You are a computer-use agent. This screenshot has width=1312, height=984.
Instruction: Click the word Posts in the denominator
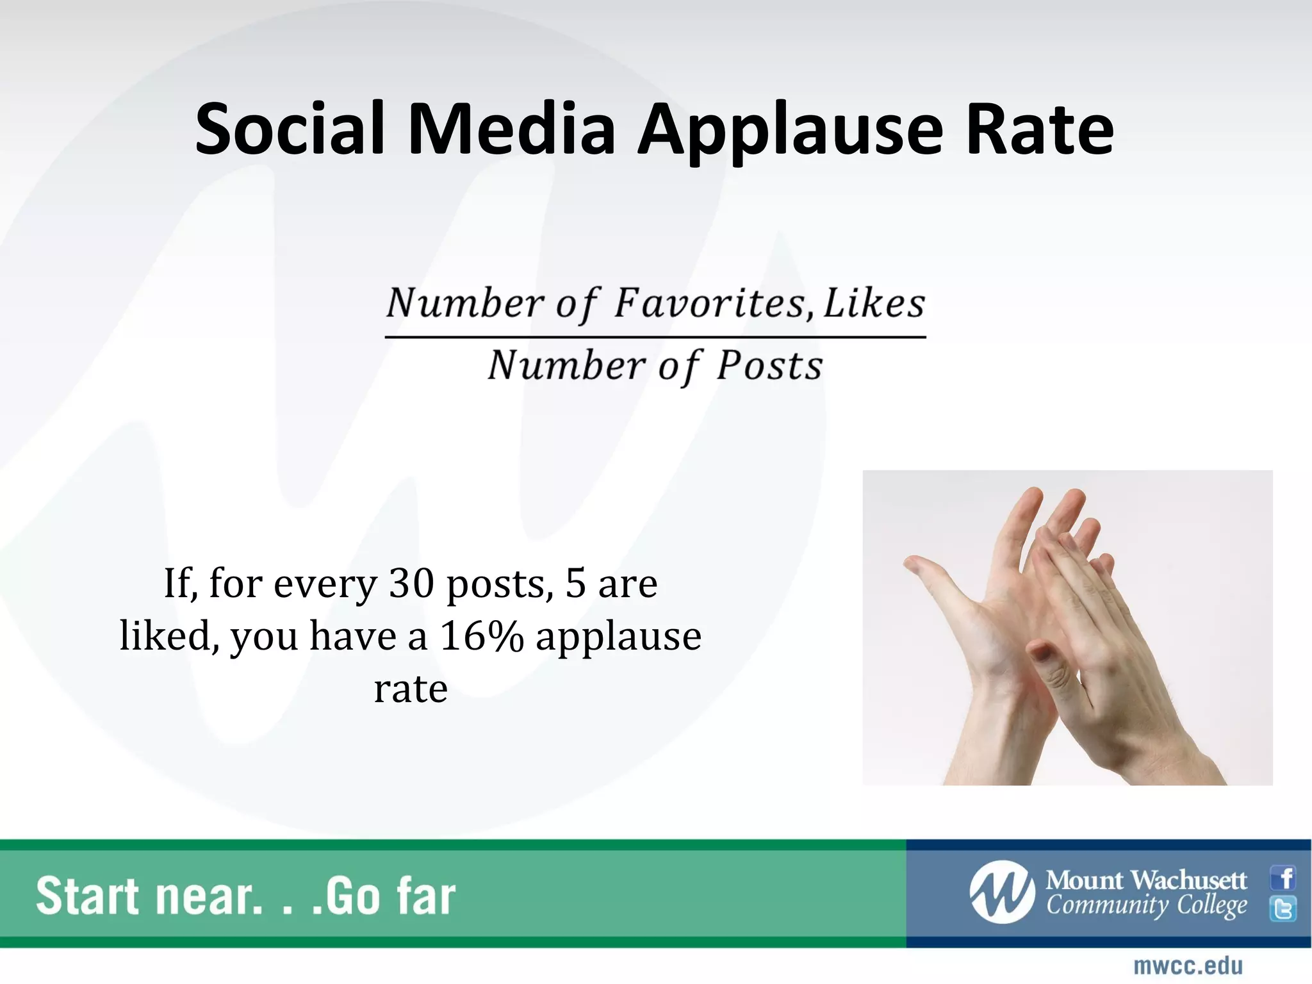click(769, 366)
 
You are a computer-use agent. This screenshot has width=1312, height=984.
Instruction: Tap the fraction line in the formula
click(655, 336)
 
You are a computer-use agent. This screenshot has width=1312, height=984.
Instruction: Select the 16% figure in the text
click(482, 636)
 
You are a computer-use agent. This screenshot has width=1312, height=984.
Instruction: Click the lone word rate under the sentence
click(411, 689)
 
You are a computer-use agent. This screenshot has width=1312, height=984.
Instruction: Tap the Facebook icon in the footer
click(1283, 878)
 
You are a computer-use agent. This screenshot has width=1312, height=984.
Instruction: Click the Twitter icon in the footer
click(1283, 909)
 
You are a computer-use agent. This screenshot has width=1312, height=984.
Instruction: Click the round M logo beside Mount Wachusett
click(1001, 892)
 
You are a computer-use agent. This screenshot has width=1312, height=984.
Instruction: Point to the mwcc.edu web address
click(1188, 965)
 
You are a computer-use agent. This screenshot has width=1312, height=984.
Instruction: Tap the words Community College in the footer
click(1146, 906)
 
